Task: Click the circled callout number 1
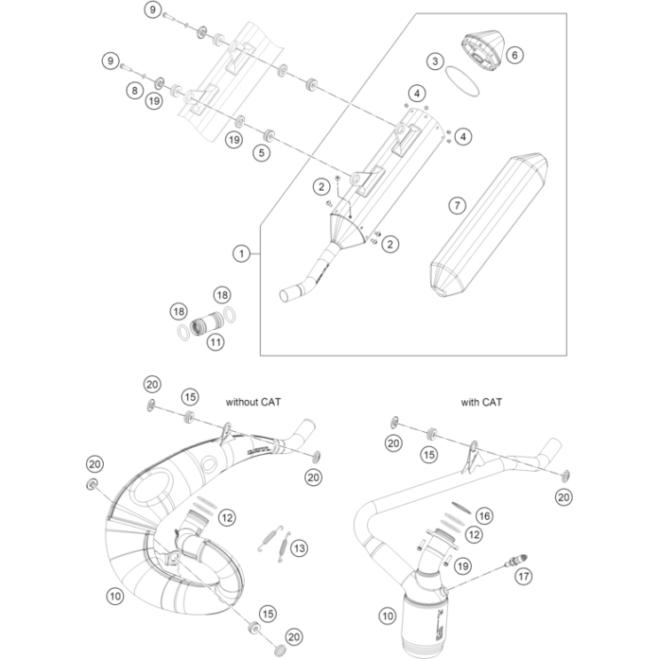[240, 254]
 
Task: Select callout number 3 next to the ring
[434, 61]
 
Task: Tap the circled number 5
[260, 153]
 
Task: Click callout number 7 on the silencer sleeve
[456, 206]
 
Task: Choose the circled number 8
[134, 90]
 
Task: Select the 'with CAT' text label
[481, 402]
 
